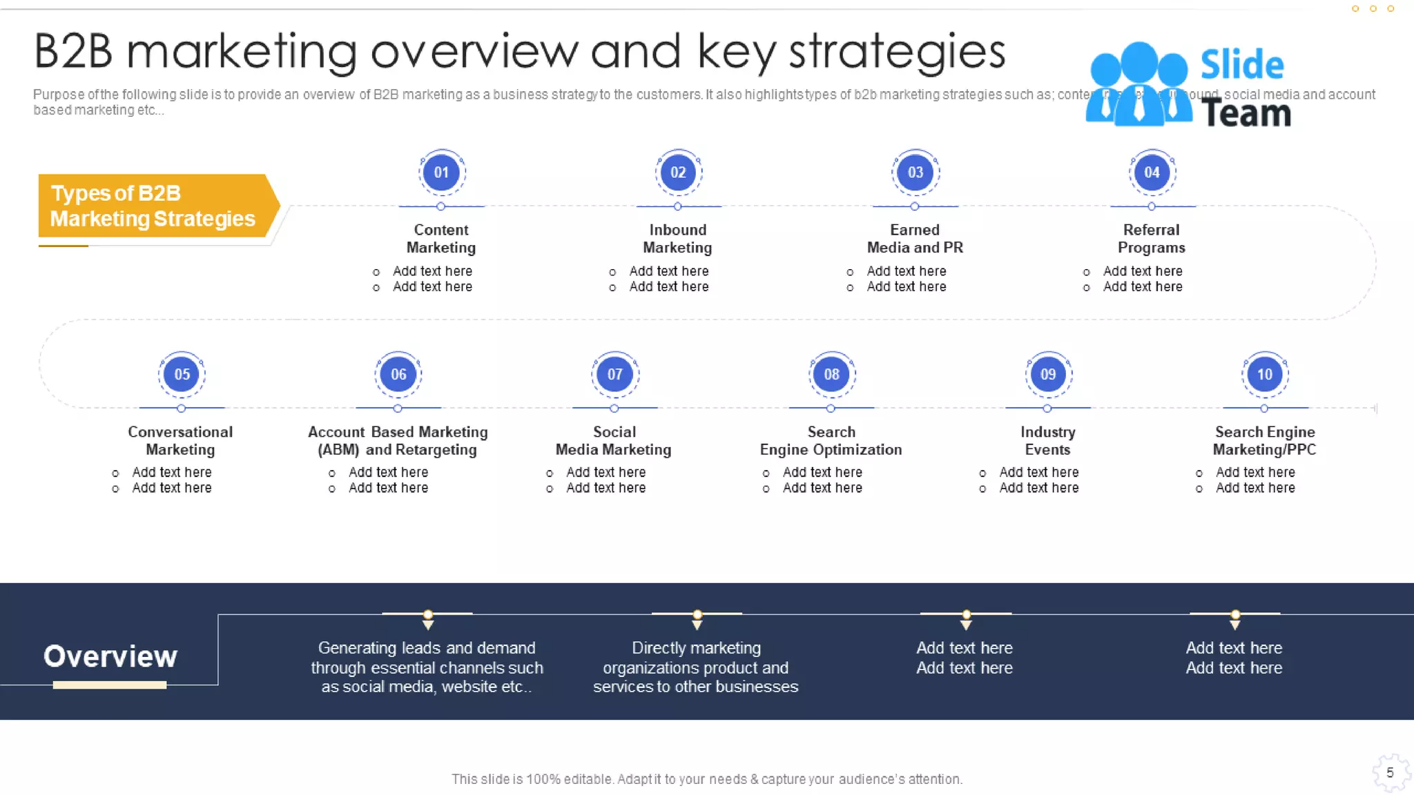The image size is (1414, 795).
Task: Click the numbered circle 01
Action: point(441,173)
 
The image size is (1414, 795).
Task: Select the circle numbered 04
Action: point(1152,173)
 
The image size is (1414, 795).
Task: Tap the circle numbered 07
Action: point(614,374)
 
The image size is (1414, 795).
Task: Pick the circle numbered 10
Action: point(1264,374)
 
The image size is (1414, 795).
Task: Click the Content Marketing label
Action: point(441,239)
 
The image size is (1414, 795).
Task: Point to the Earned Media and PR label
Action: point(915,239)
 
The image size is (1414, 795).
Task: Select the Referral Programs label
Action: point(1152,239)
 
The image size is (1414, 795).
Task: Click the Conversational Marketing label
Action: point(180,440)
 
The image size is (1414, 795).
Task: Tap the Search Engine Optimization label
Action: point(831,440)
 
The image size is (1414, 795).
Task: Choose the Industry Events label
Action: point(1047,440)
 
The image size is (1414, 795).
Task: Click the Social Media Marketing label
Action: point(614,440)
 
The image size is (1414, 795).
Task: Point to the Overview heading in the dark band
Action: point(110,656)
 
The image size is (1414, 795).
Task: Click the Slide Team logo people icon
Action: point(1139,84)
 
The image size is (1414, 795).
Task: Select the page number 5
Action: point(1390,773)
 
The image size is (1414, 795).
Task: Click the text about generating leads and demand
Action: point(427,667)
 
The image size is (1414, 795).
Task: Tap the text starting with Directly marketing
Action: point(696,667)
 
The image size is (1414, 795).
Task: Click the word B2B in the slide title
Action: point(73,52)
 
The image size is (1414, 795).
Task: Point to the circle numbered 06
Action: point(398,374)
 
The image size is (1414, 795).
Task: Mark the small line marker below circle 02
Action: point(678,206)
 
